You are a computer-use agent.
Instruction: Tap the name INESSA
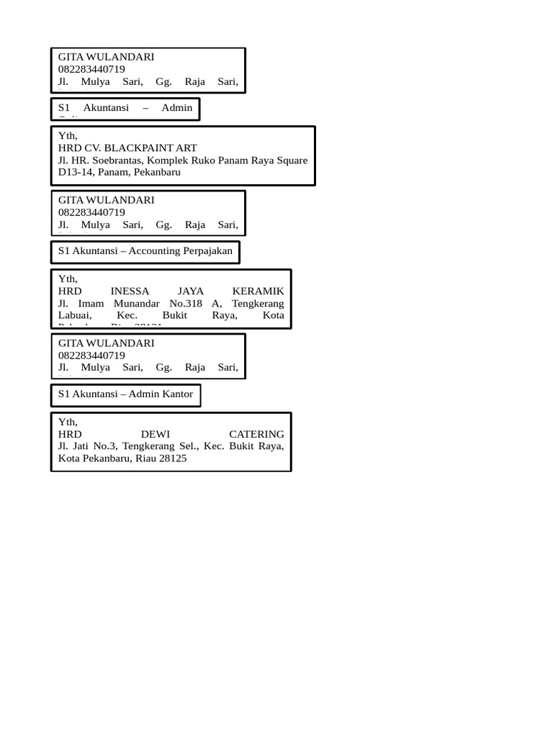click(x=130, y=291)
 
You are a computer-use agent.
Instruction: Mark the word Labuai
click(x=74, y=315)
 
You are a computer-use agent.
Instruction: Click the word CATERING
click(x=256, y=434)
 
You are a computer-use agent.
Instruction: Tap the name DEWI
click(x=156, y=434)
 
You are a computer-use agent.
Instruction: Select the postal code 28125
click(x=172, y=458)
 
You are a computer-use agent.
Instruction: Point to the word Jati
click(x=79, y=446)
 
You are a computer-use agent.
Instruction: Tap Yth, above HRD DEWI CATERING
click(x=68, y=422)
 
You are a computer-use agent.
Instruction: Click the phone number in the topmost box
click(x=91, y=69)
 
